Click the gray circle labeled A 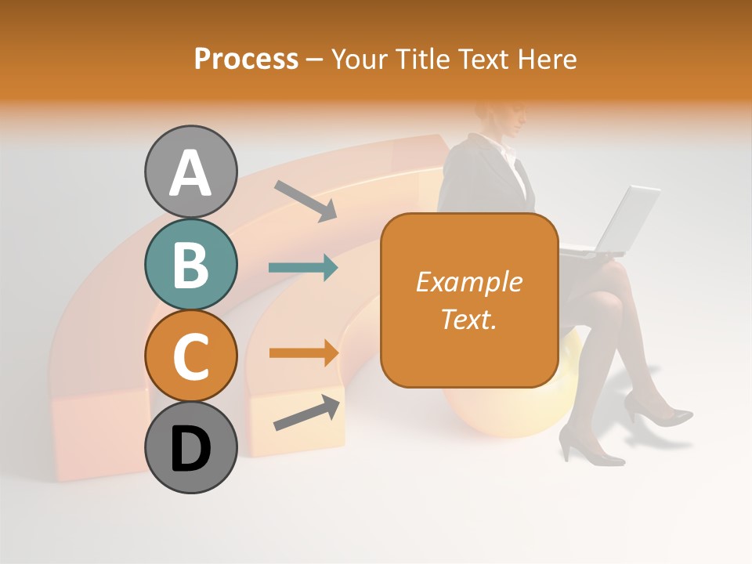point(191,172)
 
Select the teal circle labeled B point(191,264)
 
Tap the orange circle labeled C point(191,356)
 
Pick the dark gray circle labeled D point(191,447)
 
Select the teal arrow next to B point(303,268)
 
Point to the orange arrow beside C point(303,352)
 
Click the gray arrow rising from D point(306,414)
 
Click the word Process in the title point(246,59)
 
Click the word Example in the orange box point(468,282)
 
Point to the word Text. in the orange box point(468,319)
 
